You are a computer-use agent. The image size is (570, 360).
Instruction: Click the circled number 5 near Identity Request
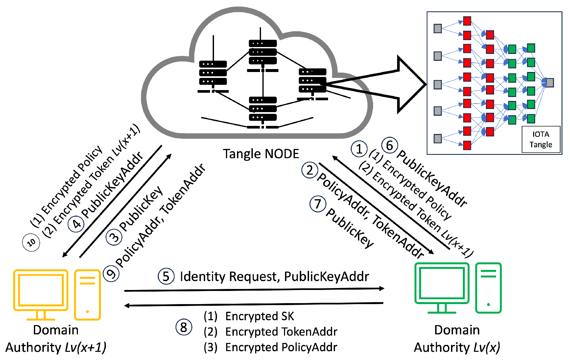click(x=166, y=276)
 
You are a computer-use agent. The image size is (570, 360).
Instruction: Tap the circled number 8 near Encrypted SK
click(x=184, y=327)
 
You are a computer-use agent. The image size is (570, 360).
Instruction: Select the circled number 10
click(x=31, y=243)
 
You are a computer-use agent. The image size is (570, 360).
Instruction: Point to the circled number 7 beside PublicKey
click(x=318, y=204)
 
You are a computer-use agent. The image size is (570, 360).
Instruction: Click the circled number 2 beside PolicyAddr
click(x=310, y=170)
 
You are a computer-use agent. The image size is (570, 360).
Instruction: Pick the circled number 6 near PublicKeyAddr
click(x=390, y=145)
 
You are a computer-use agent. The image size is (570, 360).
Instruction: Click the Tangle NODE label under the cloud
click(x=261, y=154)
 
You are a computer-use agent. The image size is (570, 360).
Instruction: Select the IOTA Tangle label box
click(x=541, y=139)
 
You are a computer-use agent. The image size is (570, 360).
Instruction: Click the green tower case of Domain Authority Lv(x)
click(x=488, y=288)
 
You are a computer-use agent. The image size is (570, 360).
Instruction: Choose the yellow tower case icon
click(x=87, y=294)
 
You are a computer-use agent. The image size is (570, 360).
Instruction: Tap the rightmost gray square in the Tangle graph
click(x=550, y=83)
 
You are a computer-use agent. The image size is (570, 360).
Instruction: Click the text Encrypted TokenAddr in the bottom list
click(x=281, y=332)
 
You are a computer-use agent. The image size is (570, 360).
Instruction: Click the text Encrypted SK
click(x=259, y=316)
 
